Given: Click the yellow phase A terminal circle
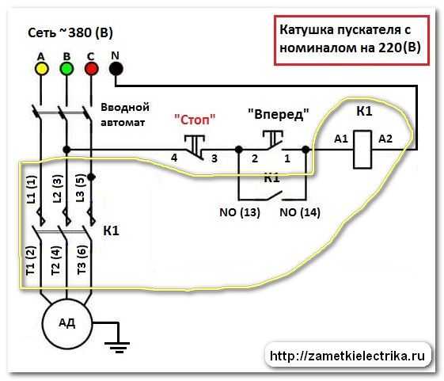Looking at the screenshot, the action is click(x=41, y=69).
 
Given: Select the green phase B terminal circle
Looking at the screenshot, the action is click(x=66, y=69).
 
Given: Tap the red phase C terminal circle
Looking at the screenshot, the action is click(x=92, y=69).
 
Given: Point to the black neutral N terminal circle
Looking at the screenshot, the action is click(x=116, y=69).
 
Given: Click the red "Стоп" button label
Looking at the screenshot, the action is click(x=195, y=120).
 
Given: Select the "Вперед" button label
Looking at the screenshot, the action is click(x=279, y=114).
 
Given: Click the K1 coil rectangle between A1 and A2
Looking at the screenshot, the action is click(x=362, y=150).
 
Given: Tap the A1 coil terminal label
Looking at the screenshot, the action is click(x=341, y=139).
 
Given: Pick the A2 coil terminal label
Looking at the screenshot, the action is click(x=385, y=139).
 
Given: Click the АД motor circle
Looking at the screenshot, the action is click(x=67, y=323).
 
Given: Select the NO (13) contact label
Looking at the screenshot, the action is click(x=240, y=212).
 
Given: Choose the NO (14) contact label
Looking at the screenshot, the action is click(x=300, y=212).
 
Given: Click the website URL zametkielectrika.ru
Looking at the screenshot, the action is click(x=347, y=356).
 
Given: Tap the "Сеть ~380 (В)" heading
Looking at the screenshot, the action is click(x=70, y=32).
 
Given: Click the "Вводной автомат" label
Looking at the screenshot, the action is click(x=125, y=115).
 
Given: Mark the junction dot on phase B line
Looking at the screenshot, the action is click(x=66, y=150).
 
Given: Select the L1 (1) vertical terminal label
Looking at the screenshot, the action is click(x=32, y=189).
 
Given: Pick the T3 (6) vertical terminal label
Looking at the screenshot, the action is click(x=82, y=259).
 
